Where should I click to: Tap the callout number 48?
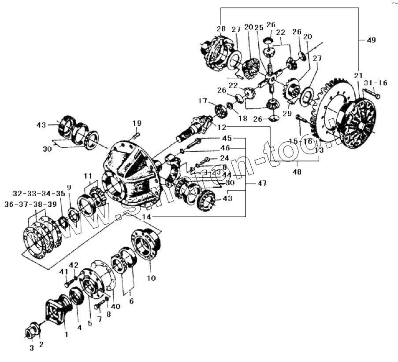tap(297, 172)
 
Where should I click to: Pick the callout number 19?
tap(137, 123)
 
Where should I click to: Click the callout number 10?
tap(151, 278)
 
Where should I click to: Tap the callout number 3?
tap(32, 348)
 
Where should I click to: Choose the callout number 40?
tap(116, 307)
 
